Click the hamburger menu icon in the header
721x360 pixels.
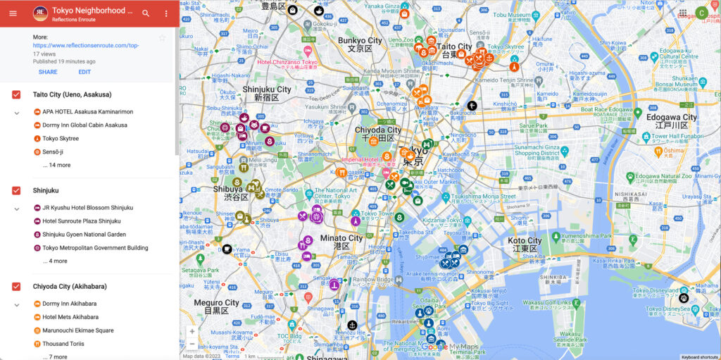point(13,13)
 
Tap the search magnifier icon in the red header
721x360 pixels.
point(146,13)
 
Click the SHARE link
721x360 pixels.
point(48,72)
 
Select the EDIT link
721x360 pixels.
point(84,72)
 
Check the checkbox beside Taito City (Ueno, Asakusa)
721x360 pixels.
point(16,94)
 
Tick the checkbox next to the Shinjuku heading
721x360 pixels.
point(16,190)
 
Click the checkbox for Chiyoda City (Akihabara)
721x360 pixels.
point(16,287)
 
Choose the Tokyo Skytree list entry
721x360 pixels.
point(61,138)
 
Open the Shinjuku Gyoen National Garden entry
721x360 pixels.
point(84,235)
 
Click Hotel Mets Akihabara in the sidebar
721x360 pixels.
point(70,317)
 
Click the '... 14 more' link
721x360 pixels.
point(56,165)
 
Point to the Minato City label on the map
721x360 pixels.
point(341,238)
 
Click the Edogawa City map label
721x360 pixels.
point(675,118)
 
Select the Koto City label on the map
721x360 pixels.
point(525,241)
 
